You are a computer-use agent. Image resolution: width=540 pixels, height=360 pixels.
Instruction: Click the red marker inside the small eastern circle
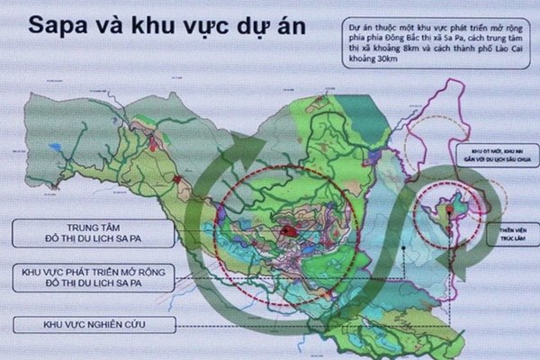coord(444,208)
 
